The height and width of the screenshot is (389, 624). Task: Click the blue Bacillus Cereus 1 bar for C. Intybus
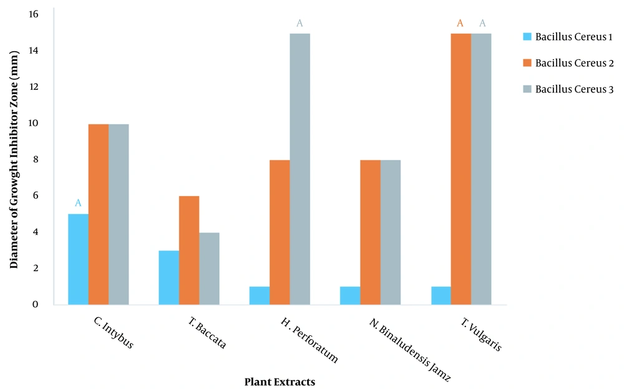(78, 259)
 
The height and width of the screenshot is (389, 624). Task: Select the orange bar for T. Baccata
(189, 250)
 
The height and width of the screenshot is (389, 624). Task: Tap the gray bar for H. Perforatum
(300, 169)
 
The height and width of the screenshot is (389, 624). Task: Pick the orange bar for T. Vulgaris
(461, 169)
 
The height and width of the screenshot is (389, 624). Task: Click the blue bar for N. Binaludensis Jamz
(350, 295)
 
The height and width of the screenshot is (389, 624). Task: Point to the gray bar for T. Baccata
(209, 268)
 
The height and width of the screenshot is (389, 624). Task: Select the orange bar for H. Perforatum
(280, 232)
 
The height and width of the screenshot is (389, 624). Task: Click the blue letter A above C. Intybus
(78, 203)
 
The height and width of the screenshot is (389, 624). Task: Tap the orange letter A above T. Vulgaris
(461, 24)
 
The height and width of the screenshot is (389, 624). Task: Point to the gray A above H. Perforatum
(300, 24)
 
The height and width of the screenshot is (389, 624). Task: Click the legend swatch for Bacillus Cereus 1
(527, 36)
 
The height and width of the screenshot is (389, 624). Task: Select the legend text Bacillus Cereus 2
(574, 63)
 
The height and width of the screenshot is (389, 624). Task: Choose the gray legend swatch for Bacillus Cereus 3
(527, 90)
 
